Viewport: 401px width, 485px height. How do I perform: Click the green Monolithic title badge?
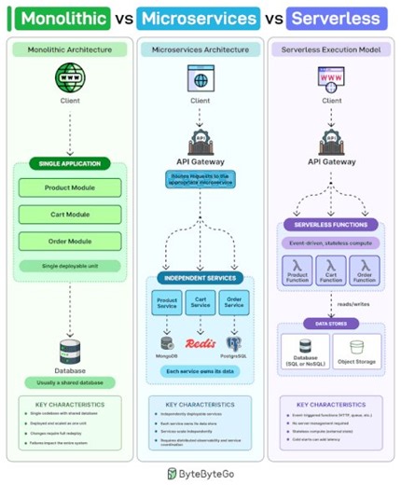coord(63,18)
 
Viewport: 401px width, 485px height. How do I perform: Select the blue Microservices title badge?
coord(198,18)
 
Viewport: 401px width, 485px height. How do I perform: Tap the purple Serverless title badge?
coord(334,18)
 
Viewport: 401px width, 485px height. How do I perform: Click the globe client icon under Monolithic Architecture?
coord(69,76)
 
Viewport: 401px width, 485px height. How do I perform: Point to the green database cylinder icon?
coord(69,350)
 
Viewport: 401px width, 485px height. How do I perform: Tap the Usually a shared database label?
coord(69,381)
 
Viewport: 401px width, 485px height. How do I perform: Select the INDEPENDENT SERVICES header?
coord(200,278)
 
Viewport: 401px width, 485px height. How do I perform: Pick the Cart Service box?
coord(200,304)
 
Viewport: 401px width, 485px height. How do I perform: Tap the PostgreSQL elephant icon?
coord(233,342)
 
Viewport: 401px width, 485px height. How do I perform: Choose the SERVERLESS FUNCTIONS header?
coord(331,225)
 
